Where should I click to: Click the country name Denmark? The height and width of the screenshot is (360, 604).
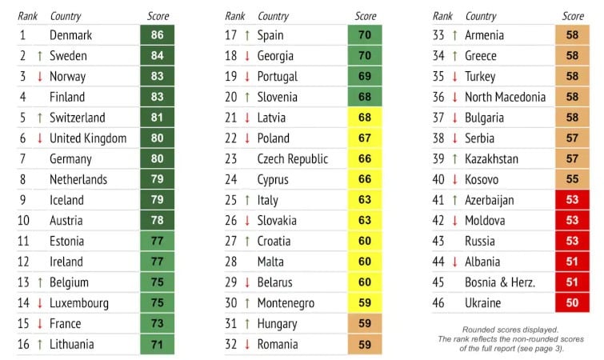click(70, 35)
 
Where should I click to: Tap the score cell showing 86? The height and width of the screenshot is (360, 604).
click(158, 35)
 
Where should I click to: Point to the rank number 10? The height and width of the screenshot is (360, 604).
click(25, 221)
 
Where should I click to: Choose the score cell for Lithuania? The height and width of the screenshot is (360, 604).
click(158, 345)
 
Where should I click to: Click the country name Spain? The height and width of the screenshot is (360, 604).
click(270, 35)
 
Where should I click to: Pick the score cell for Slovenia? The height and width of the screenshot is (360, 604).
click(365, 98)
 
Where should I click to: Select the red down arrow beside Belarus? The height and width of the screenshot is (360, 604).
click(247, 282)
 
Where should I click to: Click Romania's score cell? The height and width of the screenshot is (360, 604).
click(365, 345)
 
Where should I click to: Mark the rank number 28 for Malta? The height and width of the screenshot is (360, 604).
click(232, 262)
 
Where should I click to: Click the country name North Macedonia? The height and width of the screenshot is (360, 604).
click(505, 98)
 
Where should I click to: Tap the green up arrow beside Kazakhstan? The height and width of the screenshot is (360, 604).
click(454, 159)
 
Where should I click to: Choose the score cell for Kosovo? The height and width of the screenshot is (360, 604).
click(572, 180)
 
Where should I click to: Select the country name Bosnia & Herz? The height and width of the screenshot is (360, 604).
click(500, 282)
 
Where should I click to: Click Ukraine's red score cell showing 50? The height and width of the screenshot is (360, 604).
click(572, 303)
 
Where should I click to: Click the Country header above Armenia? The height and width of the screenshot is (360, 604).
click(480, 16)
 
